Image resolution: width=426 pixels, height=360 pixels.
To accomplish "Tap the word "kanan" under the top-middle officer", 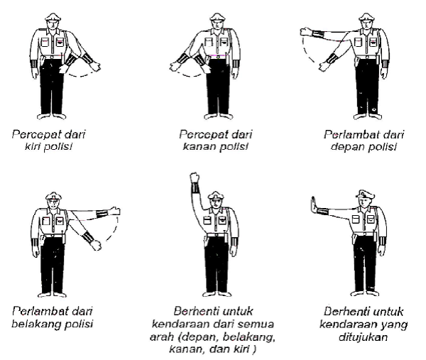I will click(192, 146).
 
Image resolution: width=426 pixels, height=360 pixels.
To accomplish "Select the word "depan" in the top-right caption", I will click(350, 146).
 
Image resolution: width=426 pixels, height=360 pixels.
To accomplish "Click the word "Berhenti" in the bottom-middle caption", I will click(196, 310).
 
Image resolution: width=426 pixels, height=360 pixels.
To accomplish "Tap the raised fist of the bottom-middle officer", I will click(193, 178).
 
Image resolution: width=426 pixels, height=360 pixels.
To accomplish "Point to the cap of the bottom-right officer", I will click(364, 191).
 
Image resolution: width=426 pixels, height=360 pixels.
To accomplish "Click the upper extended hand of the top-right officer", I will click(307, 31).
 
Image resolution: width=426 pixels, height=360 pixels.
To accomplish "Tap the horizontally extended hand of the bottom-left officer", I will click(115, 211).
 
